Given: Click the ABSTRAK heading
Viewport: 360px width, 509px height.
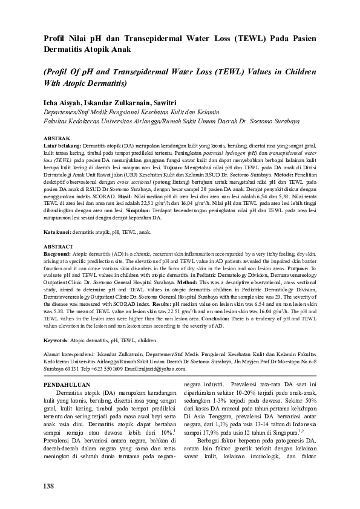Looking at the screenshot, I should (58, 138).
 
